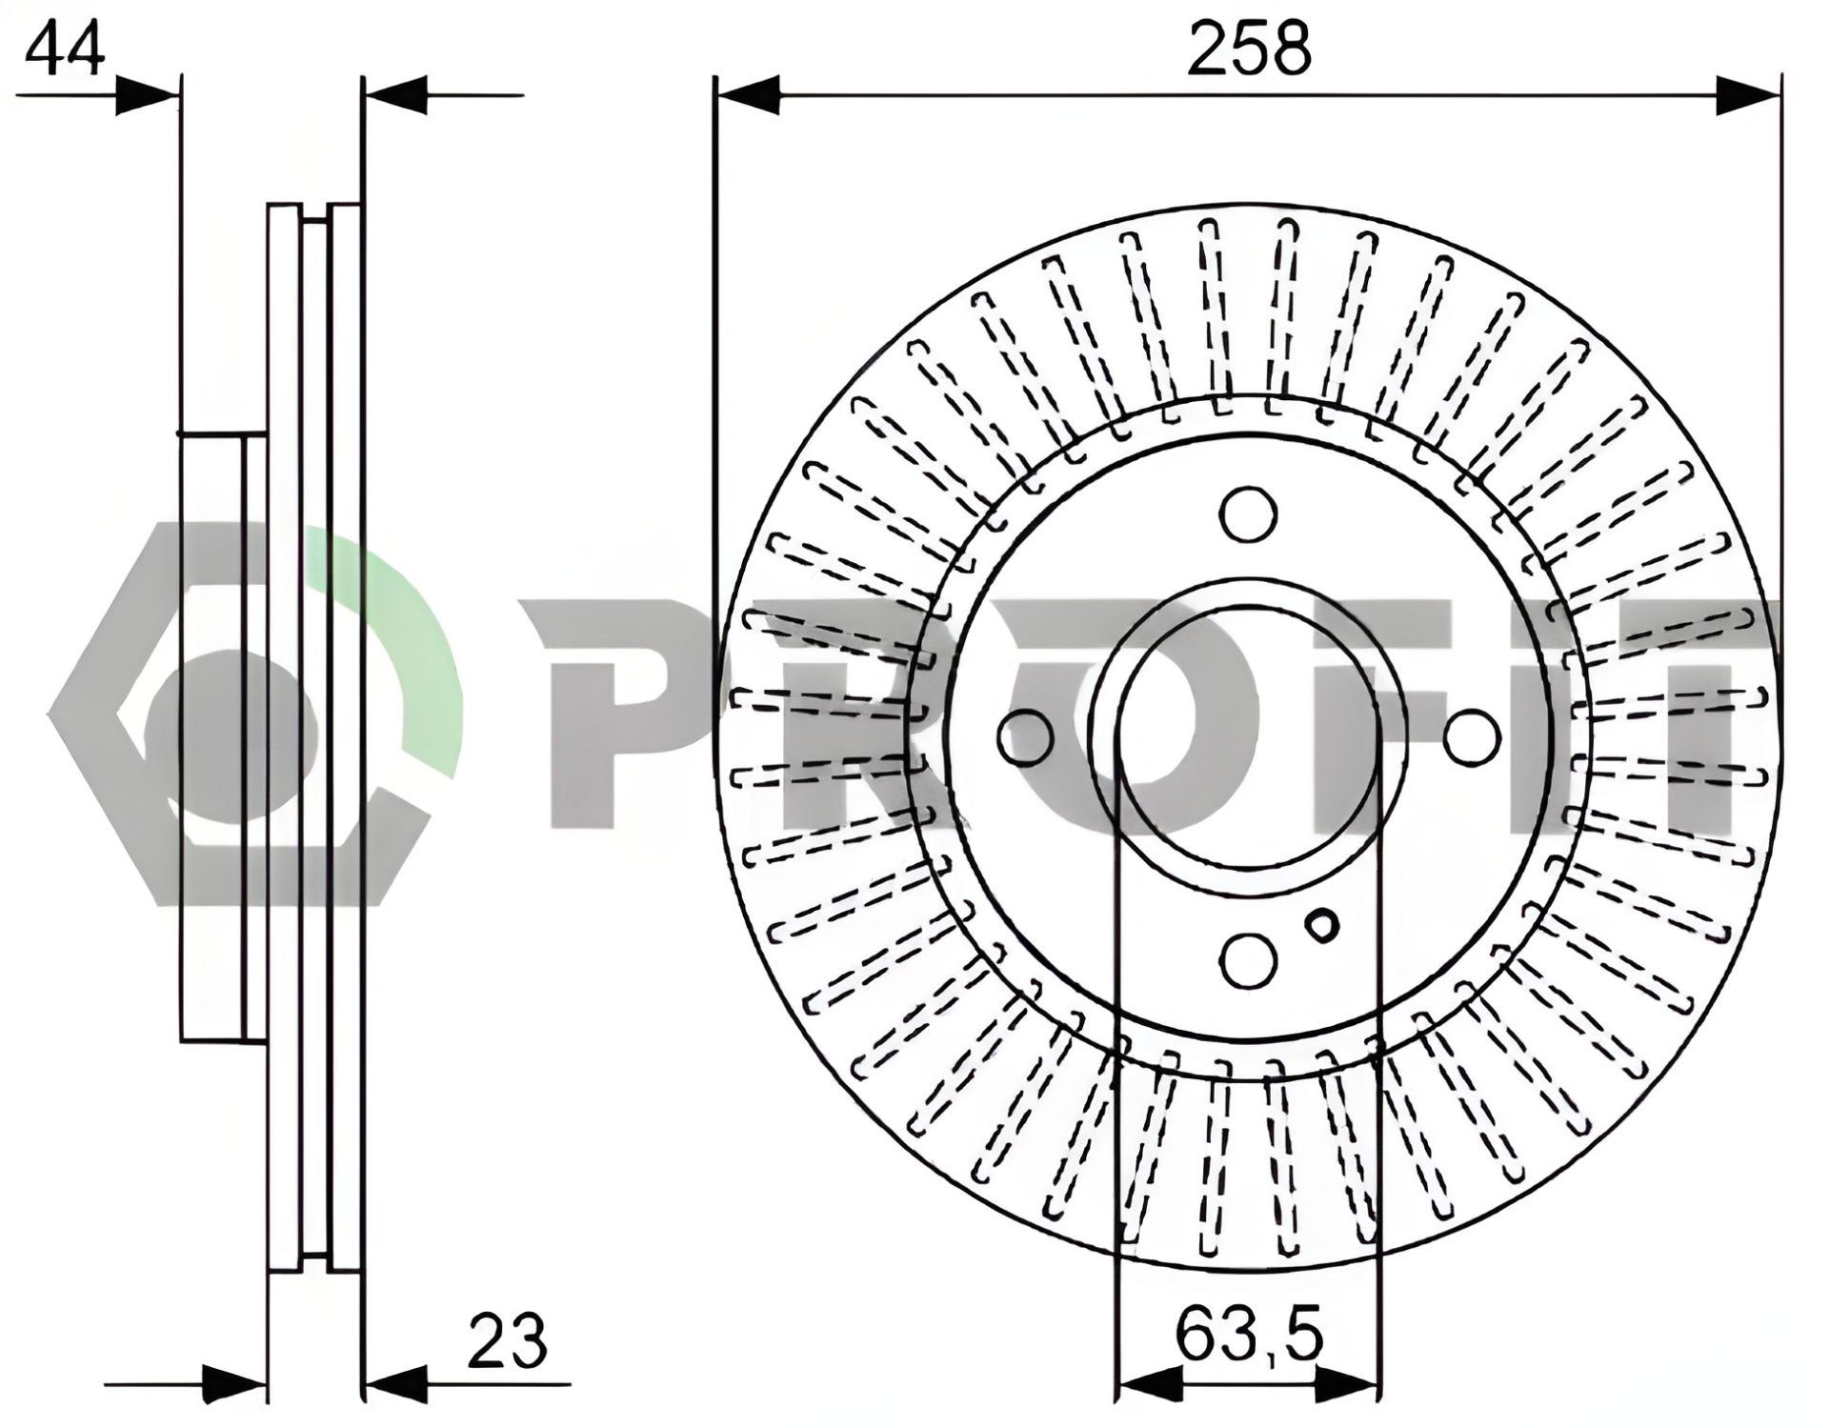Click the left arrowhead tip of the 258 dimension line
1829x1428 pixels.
pyautogui.click(x=715, y=96)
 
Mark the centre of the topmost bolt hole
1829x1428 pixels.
pyautogui.click(x=1248, y=514)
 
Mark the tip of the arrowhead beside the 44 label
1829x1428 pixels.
pyautogui.click(x=179, y=96)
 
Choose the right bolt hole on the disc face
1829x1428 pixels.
pyautogui.click(x=1472, y=738)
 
